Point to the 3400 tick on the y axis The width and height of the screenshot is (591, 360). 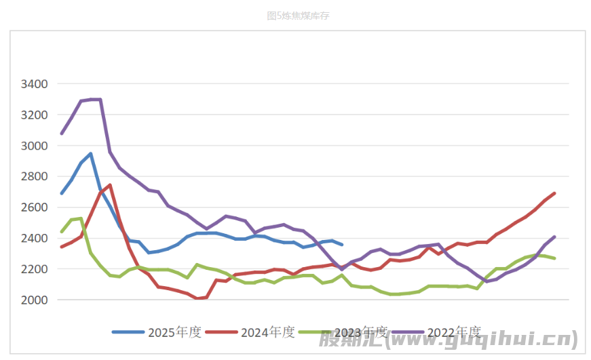click(x=35, y=84)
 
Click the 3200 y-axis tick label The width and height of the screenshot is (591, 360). click(x=35, y=115)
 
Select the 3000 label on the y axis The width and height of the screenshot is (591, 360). click(x=35, y=146)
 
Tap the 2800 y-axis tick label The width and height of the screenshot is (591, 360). click(x=35, y=176)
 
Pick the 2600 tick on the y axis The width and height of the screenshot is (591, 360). click(x=35, y=207)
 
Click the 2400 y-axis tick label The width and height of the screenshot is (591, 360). click(x=35, y=238)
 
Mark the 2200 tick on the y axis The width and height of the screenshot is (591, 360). click(x=35, y=269)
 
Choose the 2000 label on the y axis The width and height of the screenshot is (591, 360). click(x=35, y=300)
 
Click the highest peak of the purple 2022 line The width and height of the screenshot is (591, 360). click(x=96, y=99)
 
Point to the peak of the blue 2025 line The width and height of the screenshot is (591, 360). click(x=90, y=154)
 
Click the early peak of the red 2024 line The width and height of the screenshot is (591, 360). click(x=110, y=185)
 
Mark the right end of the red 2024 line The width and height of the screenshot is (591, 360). click(x=554, y=193)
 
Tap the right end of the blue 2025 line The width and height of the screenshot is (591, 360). click(x=341, y=245)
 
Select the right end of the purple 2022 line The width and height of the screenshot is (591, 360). click(x=554, y=237)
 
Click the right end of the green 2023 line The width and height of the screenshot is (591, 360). click(x=554, y=258)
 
